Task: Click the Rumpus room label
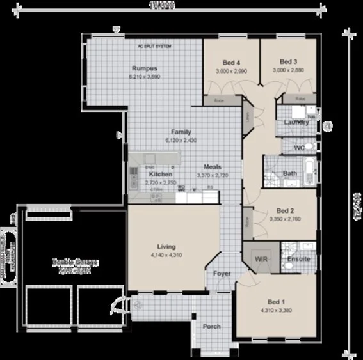click(x=144, y=68)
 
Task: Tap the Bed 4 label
click(x=231, y=62)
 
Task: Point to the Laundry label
click(x=296, y=122)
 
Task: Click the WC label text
click(x=299, y=148)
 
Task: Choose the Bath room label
click(x=289, y=173)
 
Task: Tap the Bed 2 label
click(x=285, y=210)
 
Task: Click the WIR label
click(x=261, y=260)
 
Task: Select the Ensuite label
click(x=299, y=260)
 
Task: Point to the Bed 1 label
click(x=276, y=302)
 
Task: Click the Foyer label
click(x=222, y=274)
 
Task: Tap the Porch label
click(x=212, y=327)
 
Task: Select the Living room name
click(x=166, y=246)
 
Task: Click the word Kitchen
click(x=160, y=174)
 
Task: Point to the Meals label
click(x=213, y=166)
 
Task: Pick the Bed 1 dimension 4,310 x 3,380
click(x=276, y=311)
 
